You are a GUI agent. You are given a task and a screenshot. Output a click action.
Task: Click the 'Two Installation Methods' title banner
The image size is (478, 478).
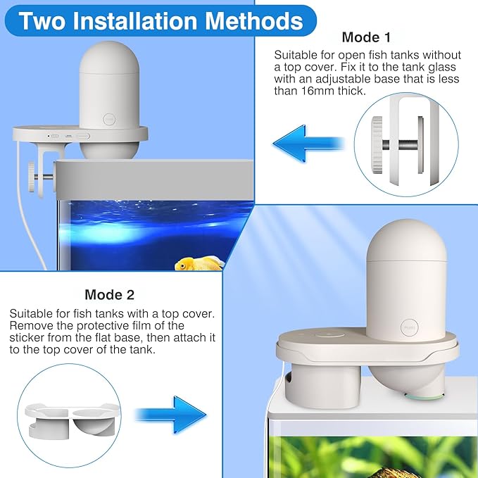click(161, 20)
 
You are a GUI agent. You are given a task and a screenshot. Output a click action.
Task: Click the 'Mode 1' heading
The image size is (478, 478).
click(365, 37)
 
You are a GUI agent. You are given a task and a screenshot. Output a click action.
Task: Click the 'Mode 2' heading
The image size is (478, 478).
click(109, 294)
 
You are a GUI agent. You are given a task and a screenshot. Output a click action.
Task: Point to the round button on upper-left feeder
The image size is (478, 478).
click(108, 120)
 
